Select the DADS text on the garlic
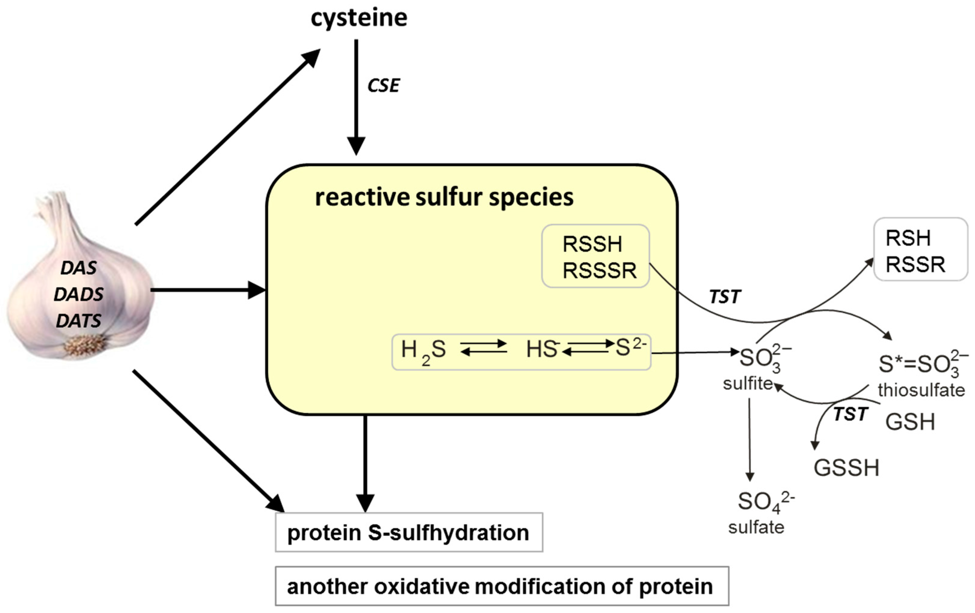pos(78,294)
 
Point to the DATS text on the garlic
pos(78,321)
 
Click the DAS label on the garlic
pos(78,268)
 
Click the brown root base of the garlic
pos(84,346)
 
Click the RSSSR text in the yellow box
pos(600,270)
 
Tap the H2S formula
pos(423,350)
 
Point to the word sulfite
pos(748,383)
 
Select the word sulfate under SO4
pos(756,528)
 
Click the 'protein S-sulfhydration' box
pos(409,533)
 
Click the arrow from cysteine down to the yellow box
pos(356,97)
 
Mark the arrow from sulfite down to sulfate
pos(750,439)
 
